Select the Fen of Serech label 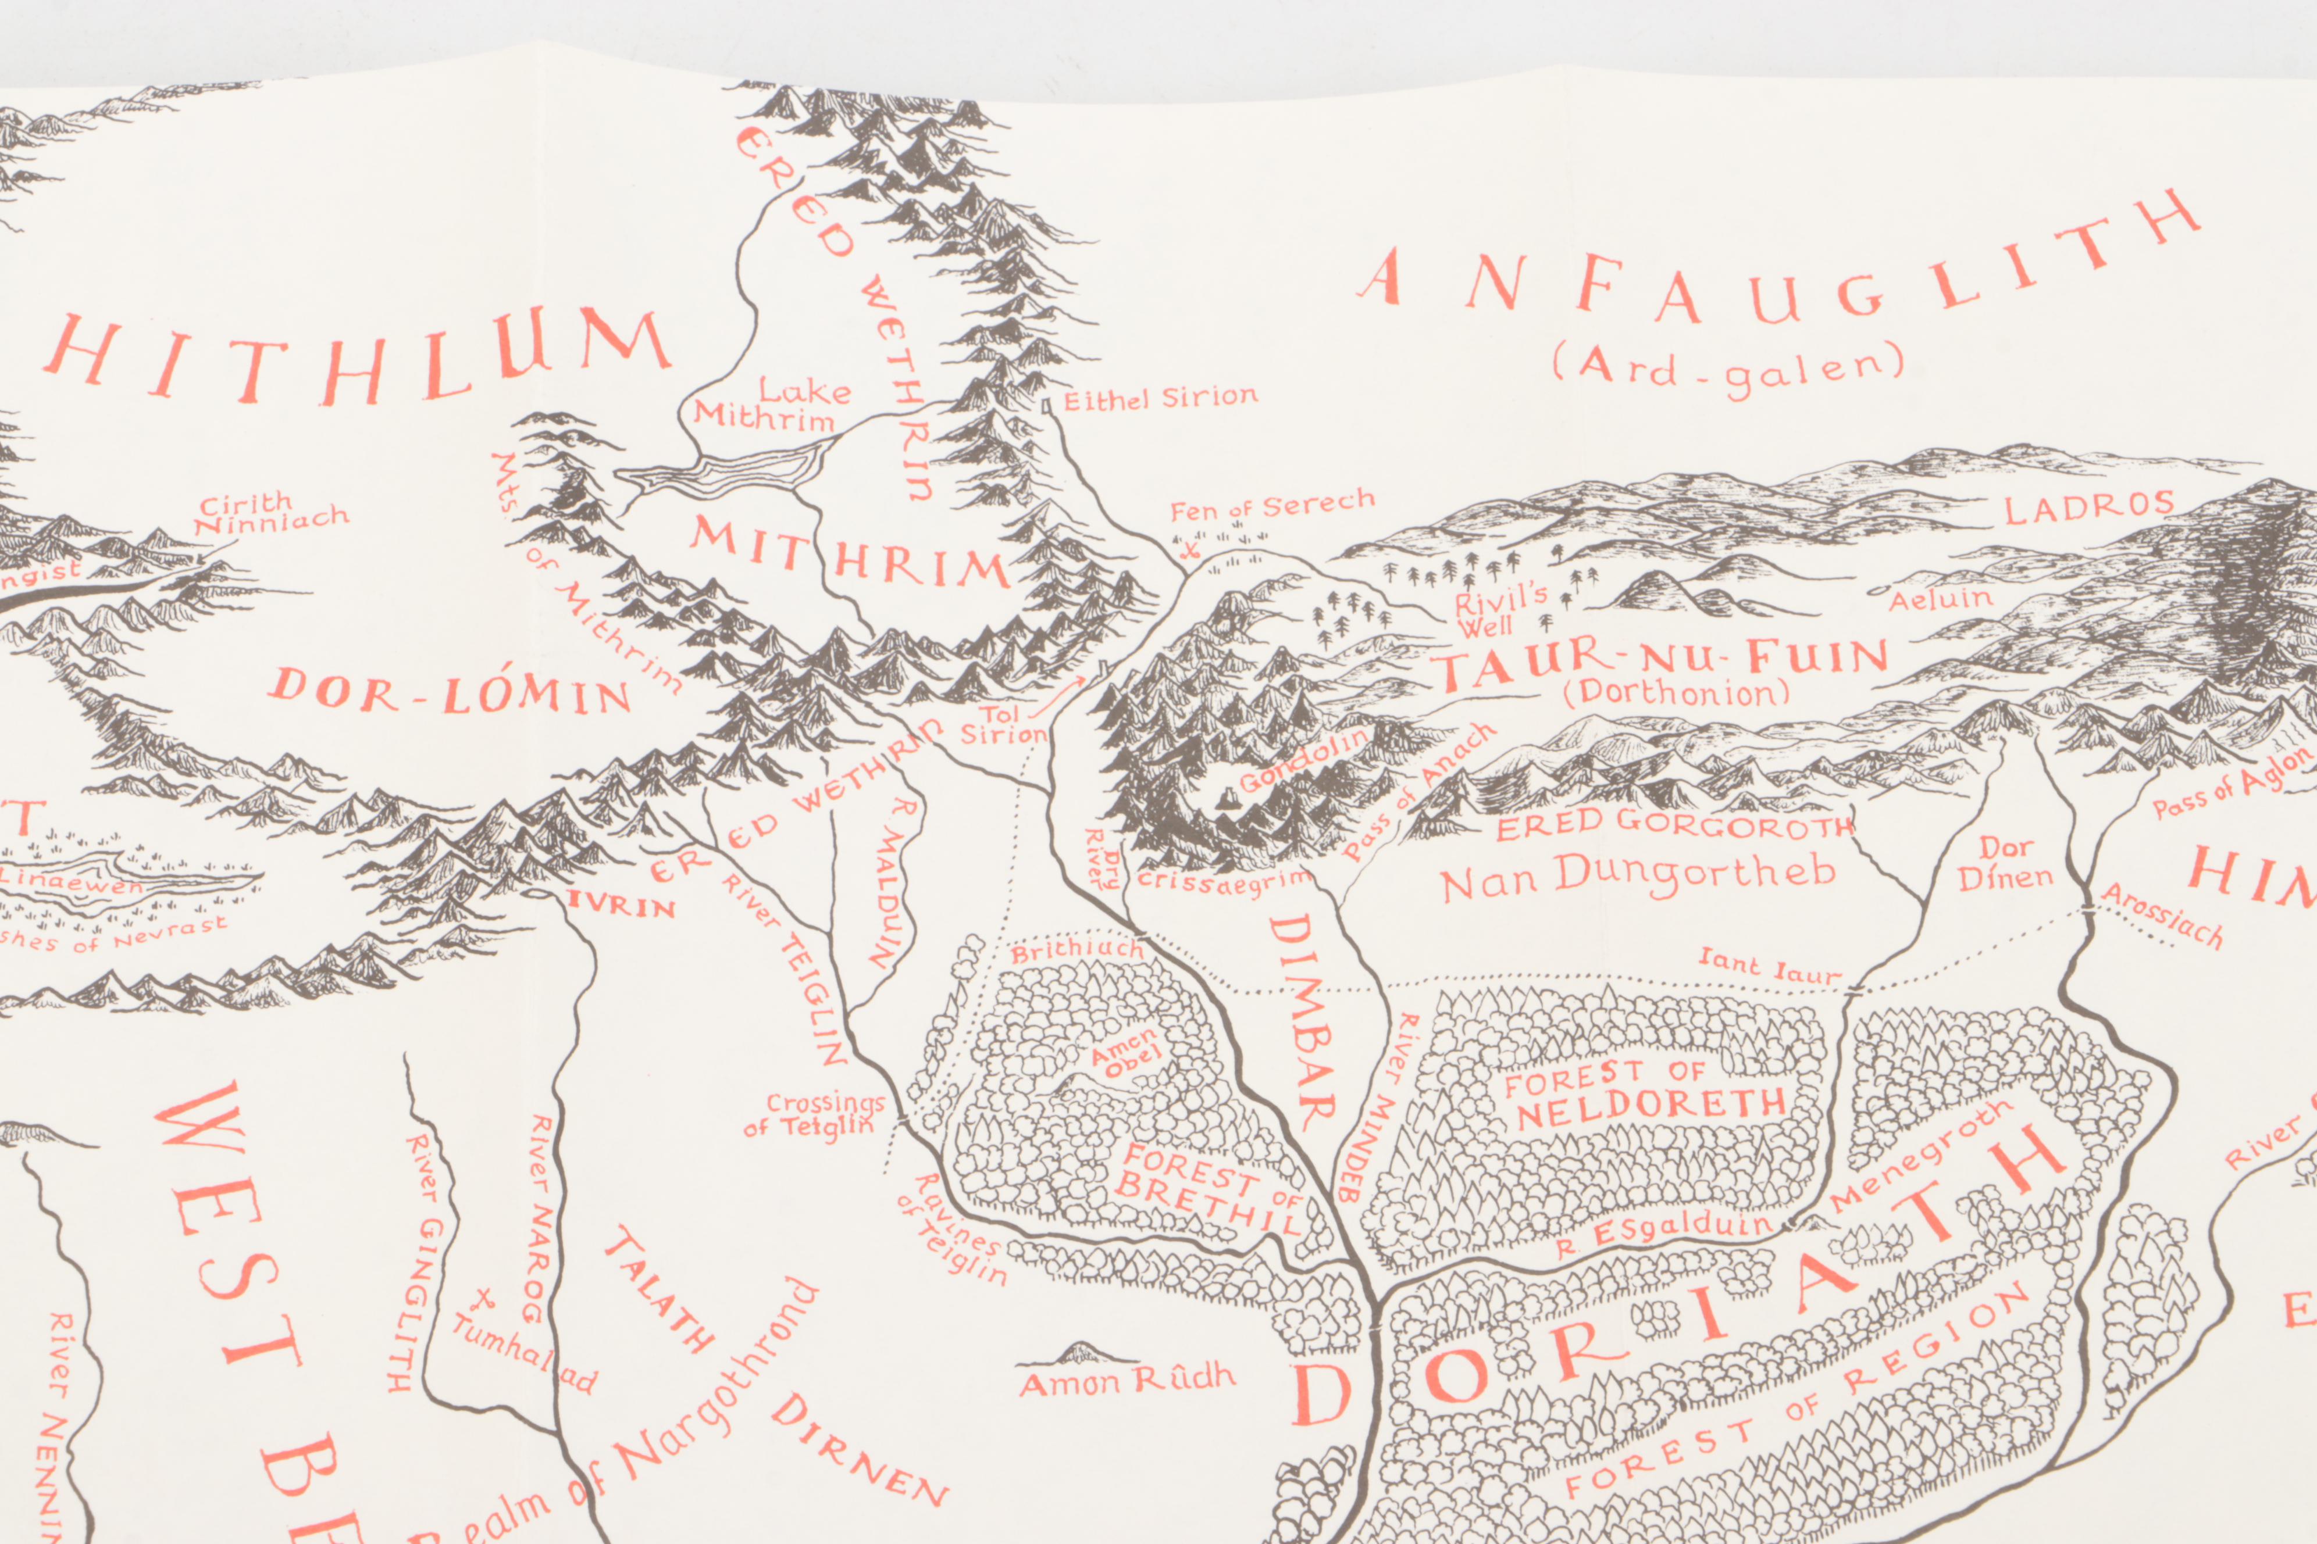[x=1271, y=506]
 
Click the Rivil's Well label [x=1499, y=610]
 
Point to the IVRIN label [x=621, y=904]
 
